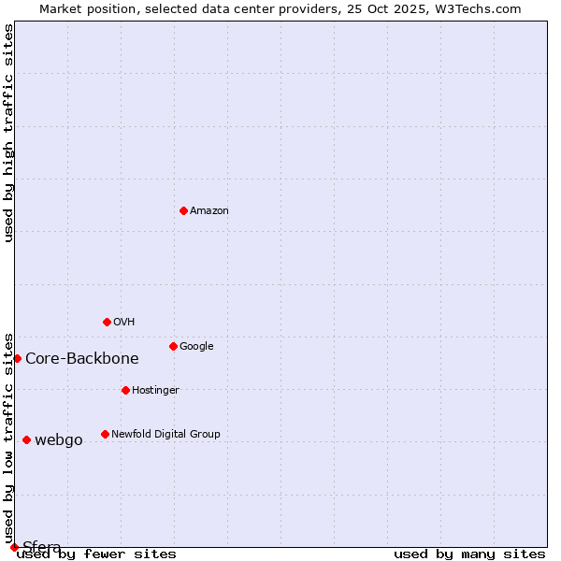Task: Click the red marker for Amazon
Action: point(183,210)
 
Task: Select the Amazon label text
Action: point(209,211)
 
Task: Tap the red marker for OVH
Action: point(107,322)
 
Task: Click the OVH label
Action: point(124,323)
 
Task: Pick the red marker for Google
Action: point(173,346)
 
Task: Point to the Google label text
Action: point(196,347)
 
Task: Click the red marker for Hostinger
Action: point(125,390)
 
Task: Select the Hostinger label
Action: point(155,391)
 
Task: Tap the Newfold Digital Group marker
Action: point(105,434)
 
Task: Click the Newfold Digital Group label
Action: point(165,435)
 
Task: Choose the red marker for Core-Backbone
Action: point(17,358)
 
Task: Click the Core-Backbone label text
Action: point(82,359)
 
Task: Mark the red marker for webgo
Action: point(26,439)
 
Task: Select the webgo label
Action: point(59,440)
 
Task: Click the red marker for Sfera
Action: point(14,547)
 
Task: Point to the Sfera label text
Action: point(42,547)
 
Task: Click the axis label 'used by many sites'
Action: point(469,554)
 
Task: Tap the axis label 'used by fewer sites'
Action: point(96,554)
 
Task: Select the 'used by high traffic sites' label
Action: point(9,133)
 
